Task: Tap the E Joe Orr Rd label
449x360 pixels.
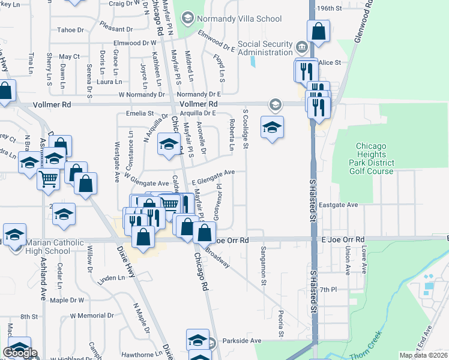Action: [x=343, y=239]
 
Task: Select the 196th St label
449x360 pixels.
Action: [x=346, y=9]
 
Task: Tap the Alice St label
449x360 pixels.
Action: [x=330, y=62]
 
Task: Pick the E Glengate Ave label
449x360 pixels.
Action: [x=212, y=176]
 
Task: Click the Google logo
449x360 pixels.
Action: [x=20, y=353]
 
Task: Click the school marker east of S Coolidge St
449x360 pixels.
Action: [x=272, y=127]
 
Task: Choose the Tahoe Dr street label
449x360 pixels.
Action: [x=70, y=29]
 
